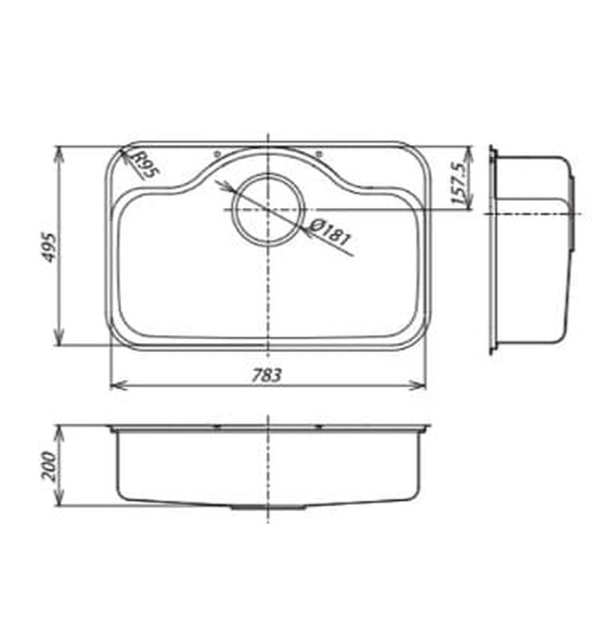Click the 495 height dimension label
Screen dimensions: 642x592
[x=49, y=247]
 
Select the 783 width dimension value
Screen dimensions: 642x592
[x=267, y=375]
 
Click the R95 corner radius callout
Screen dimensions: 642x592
[x=145, y=165]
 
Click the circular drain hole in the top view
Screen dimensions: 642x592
[x=267, y=208]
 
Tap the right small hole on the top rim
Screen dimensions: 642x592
[x=318, y=153]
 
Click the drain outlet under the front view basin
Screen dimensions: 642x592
[x=267, y=505]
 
